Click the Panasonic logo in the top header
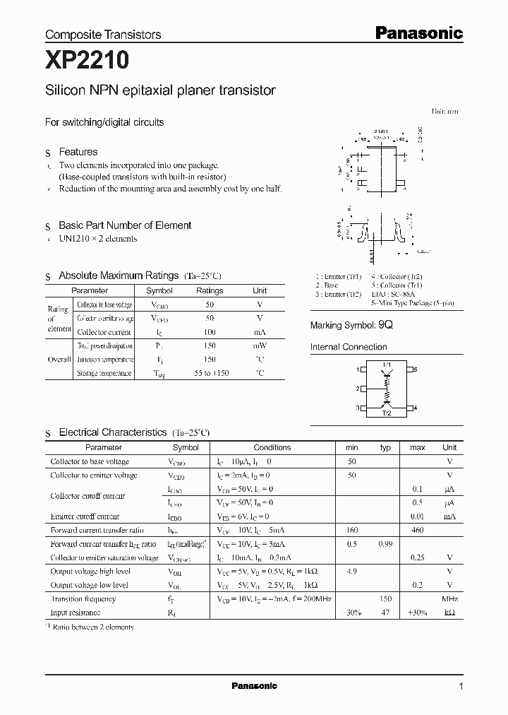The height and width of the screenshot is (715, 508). pyautogui.click(x=418, y=32)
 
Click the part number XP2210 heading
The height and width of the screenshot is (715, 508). pyautogui.click(x=87, y=61)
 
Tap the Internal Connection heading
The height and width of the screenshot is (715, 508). pyautogui.click(x=349, y=347)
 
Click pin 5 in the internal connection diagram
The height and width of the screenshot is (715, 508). pyautogui.click(x=416, y=370)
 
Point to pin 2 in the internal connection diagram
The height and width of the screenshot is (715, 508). pyautogui.click(x=359, y=389)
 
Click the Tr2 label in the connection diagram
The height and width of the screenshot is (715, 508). pyautogui.click(x=387, y=413)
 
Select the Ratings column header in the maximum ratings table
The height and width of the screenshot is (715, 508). pyautogui.click(x=210, y=290)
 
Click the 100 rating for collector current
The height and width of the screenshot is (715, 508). pyautogui.click(x=210, y=331)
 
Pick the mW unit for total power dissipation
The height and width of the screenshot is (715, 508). pyautogui.click(x=260, y=345)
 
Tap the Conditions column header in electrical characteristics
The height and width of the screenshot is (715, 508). pyautogui.click(x=272, y=447)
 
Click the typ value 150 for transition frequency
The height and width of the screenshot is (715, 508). pyautogui.click(x=385, y=599)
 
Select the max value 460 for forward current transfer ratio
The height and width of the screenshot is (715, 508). pyautogui.click(x=417, y=530)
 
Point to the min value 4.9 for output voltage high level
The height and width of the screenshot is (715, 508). pyautogui.click(x=352, y=572)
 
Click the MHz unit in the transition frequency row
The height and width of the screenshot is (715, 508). pyautogui.click(x=449, y=599)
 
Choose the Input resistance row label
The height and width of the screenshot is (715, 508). pyautogui.click(x=75, y=613)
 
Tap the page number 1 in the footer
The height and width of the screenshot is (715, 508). pyautogui.click(x=461, y=686)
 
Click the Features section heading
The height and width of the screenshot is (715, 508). pyautogui.click(x=78, y=152)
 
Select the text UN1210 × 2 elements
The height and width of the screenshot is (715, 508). pyautogui.click(x=97, y=239)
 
